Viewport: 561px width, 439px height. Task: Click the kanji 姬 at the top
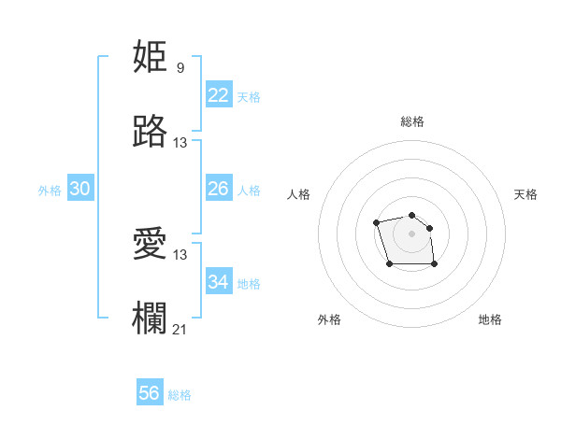(151, 57)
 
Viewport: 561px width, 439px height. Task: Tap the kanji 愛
(151, 244)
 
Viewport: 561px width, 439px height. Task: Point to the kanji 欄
(151, 318)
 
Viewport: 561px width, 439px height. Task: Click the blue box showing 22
(218, 95)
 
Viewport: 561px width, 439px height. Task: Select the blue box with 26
(218, 189)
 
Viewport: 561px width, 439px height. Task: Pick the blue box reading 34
(218, 281)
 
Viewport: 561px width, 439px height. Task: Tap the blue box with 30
(80, 189)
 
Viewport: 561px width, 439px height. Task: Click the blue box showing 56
(150, 393)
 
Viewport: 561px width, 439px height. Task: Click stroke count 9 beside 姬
(180, 68)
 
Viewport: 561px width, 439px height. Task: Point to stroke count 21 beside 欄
(180, 329)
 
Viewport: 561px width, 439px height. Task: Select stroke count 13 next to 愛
(180, 254)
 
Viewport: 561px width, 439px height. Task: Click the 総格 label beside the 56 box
(180, 395)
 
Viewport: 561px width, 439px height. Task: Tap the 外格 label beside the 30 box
(50, 191)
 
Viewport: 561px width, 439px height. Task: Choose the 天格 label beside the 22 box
(248, 97)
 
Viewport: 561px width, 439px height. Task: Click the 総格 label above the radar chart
(411, 121)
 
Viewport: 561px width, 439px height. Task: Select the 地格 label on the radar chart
(490, 319)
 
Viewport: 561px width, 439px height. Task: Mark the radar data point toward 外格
(390, 264)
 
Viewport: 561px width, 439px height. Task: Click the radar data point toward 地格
(435, 264)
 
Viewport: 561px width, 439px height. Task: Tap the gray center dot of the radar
(411, 234)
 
